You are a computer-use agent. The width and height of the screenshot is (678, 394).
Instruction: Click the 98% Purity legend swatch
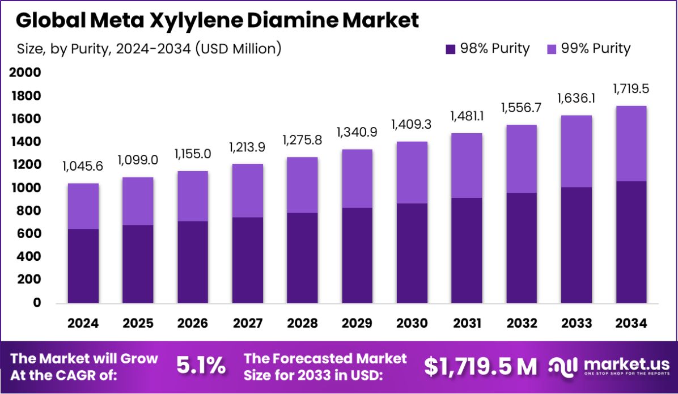451,49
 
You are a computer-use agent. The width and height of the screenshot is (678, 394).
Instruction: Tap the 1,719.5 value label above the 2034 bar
630,88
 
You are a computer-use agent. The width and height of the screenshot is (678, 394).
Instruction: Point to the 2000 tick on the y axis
24,73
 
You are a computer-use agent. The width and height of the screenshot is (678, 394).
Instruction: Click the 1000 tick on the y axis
24,188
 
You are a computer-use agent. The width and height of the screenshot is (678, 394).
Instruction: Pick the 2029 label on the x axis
357,323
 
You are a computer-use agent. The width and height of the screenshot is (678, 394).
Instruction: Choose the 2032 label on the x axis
522,323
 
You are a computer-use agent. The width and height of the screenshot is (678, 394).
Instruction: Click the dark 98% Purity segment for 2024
83,266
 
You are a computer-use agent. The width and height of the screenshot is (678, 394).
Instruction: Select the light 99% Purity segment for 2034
630,143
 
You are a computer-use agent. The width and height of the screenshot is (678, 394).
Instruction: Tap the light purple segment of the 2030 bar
412,172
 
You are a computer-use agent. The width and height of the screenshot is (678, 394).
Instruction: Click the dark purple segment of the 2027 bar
247,260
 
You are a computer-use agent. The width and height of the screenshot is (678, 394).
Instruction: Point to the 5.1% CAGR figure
201,366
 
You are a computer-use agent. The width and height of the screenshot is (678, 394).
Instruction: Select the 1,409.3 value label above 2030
412,124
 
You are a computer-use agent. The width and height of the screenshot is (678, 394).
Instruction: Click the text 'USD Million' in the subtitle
238,49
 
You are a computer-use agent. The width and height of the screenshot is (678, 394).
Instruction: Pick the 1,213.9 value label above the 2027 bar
247,147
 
